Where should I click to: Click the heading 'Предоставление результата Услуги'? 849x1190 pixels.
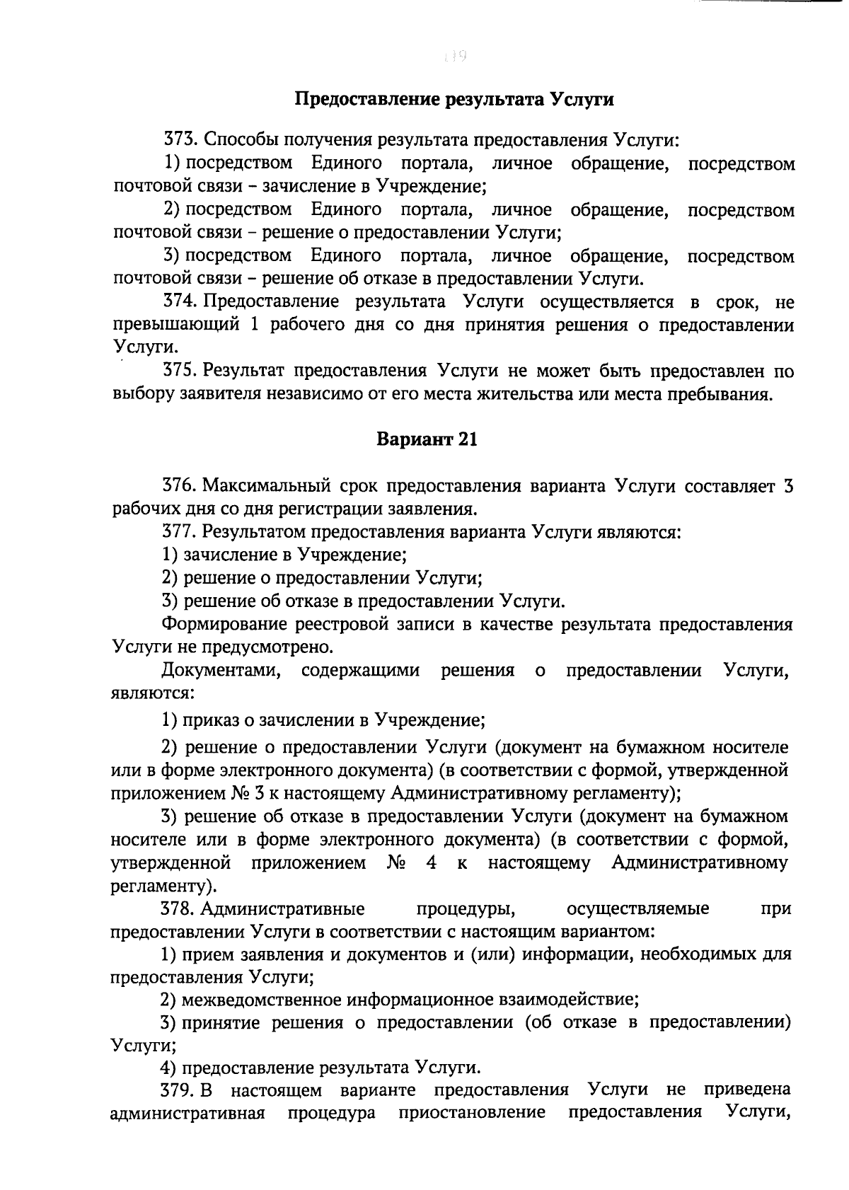click(x=454, y=99)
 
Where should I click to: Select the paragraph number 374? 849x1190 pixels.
click(x=180, y=302)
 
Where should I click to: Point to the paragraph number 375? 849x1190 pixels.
click(x=180, y=371)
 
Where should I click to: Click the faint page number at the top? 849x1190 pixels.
click(x=453, y=55)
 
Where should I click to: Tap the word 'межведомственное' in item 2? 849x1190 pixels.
click(x=262, y=1000)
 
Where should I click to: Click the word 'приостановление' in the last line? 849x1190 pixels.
click(x=472, y=1112)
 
